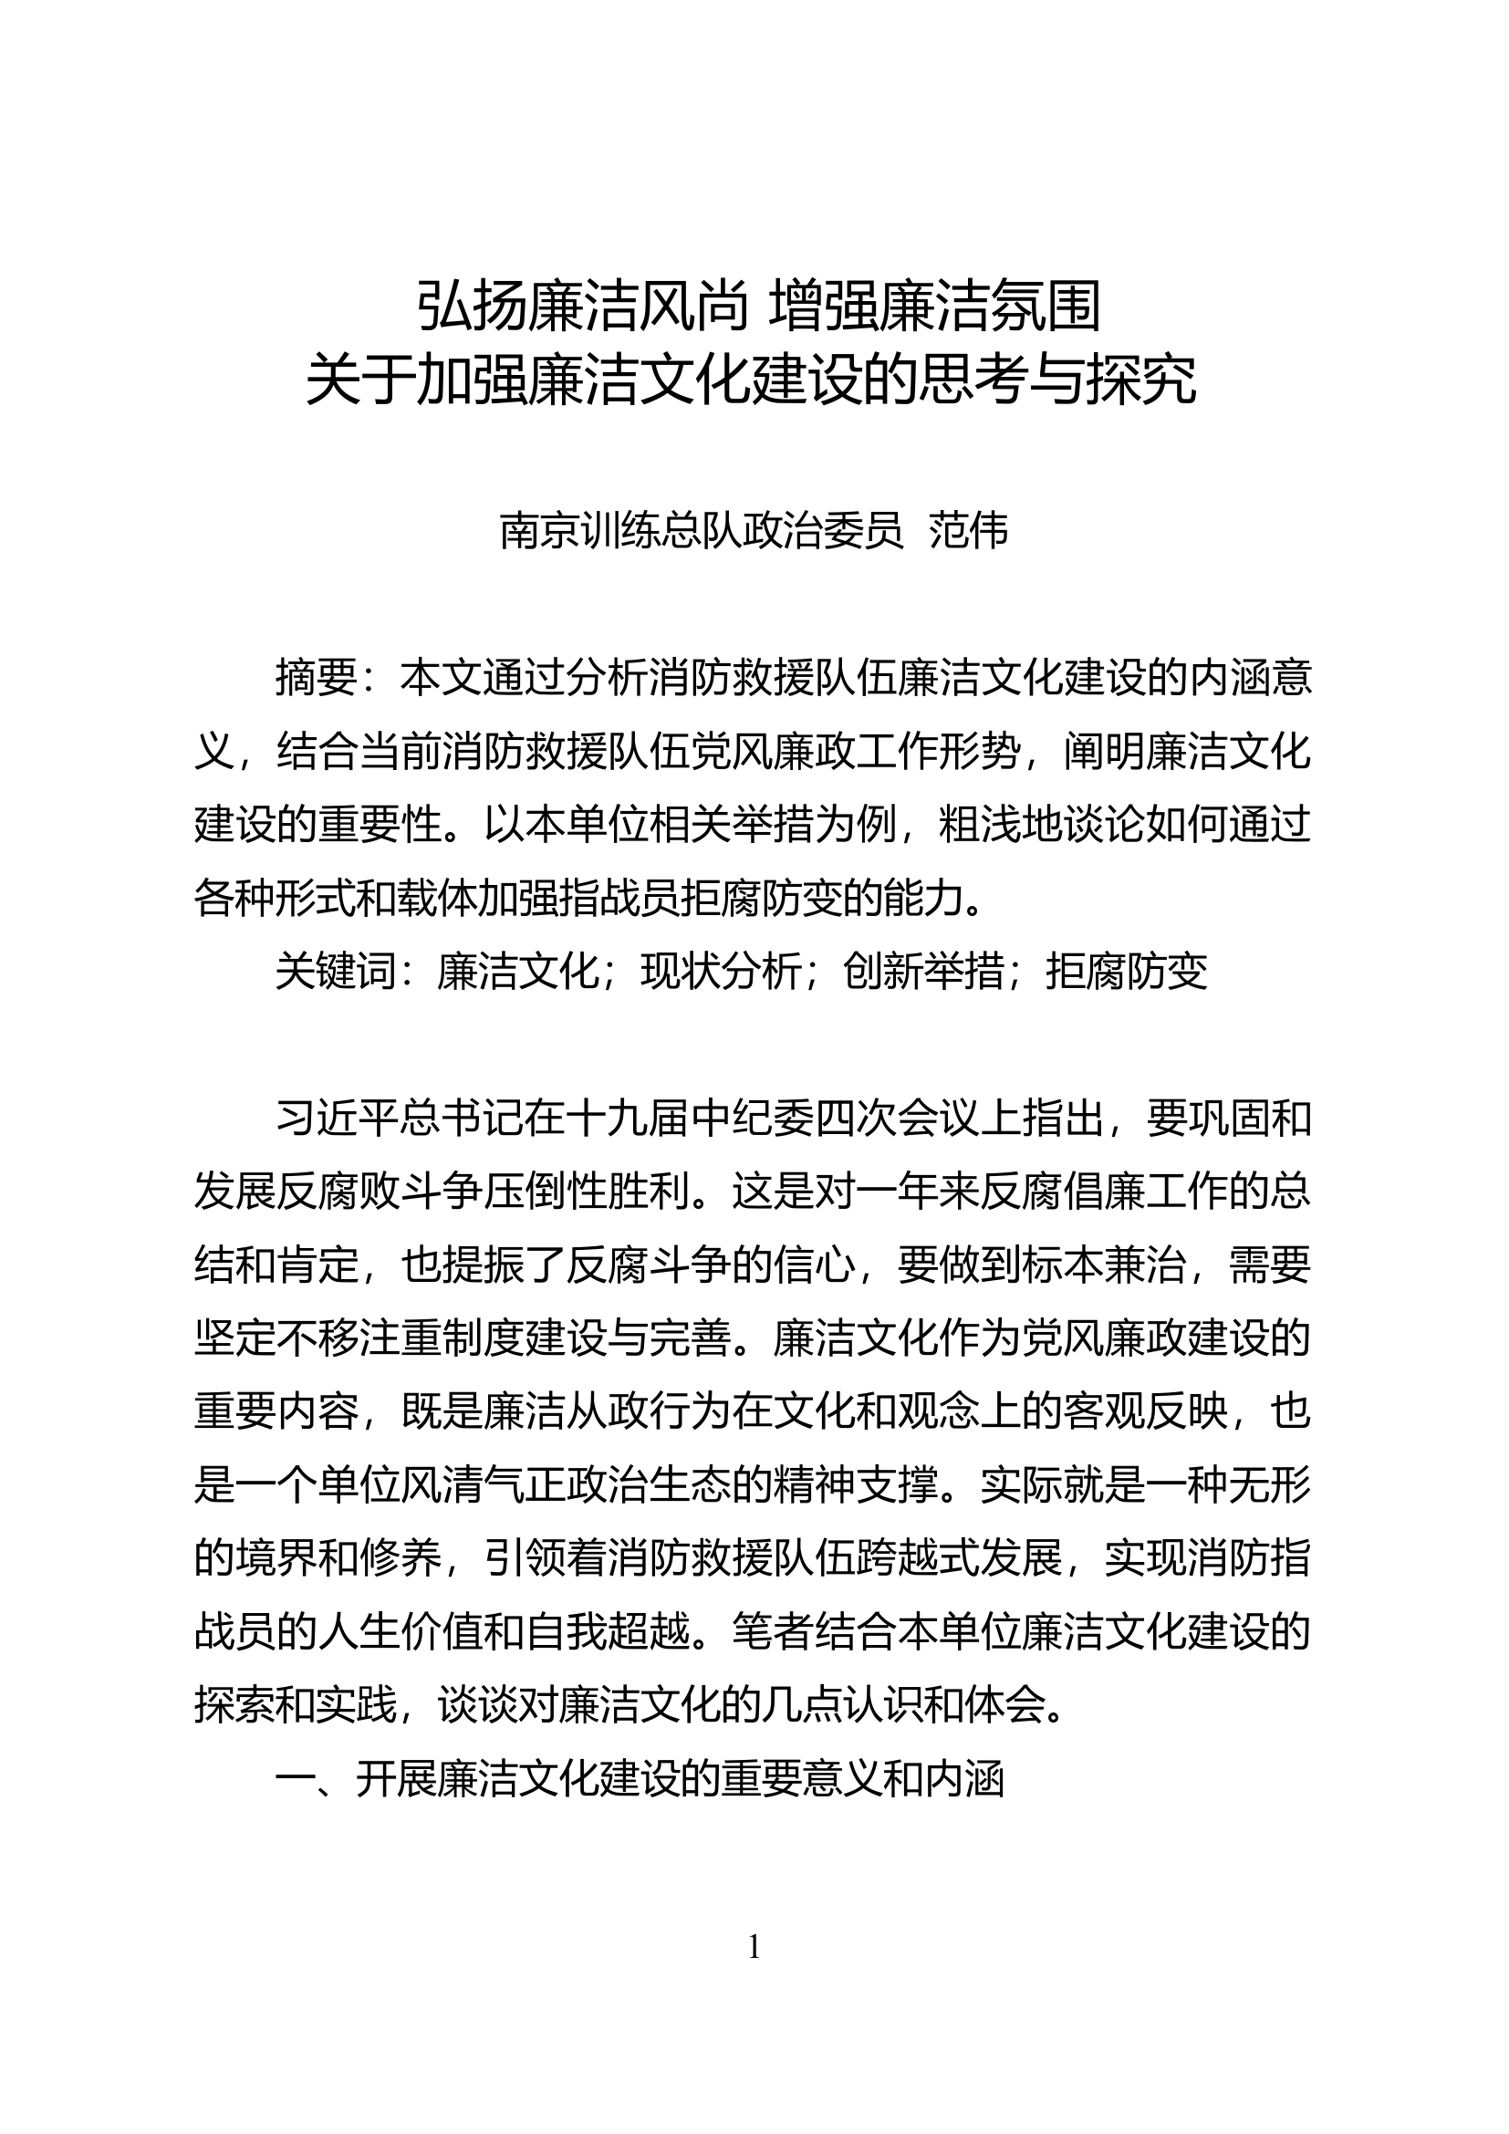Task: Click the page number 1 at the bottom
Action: point(754,1946)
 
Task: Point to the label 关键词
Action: point(336,973)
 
